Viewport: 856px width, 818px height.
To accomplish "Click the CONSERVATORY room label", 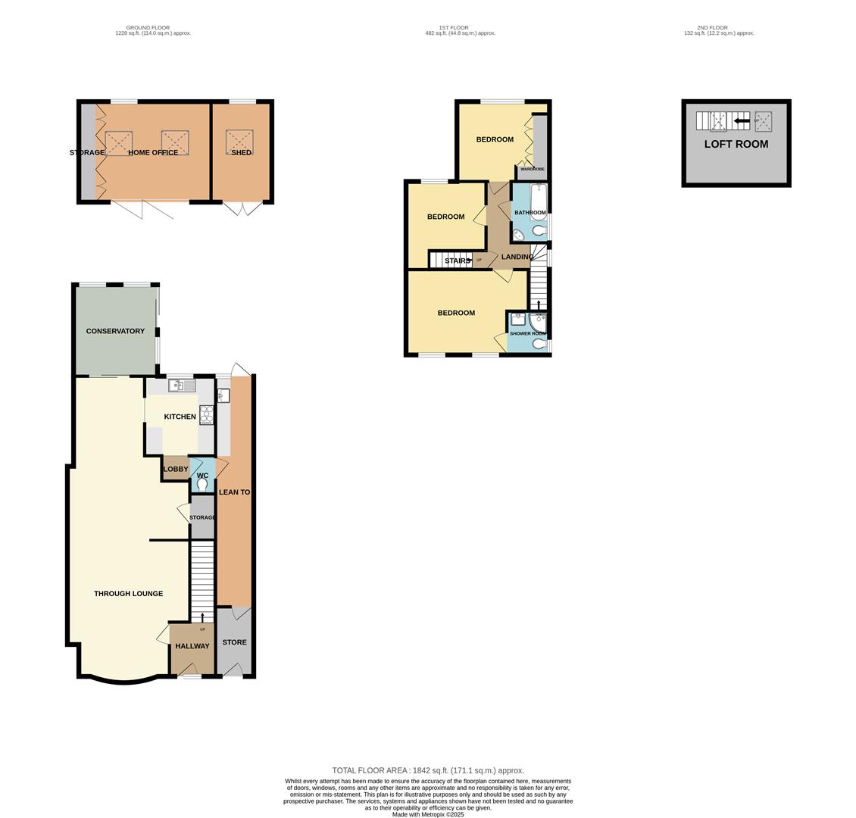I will pos(115,331).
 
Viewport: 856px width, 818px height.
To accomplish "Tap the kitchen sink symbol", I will pos(182,386).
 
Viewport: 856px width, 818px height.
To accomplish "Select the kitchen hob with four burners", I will pos(206,414).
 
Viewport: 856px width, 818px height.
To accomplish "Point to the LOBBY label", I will pos(176,469).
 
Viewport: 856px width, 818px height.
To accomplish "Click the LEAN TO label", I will pos(234,492).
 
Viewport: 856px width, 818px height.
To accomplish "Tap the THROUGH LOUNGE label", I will pos(128,594).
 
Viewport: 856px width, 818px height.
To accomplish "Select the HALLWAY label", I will pos(192,646).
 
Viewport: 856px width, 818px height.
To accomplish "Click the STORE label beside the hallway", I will pos(234,642).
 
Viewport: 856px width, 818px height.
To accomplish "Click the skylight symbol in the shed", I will pos(240,142).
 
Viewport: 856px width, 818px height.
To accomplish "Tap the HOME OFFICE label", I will pos(153,153).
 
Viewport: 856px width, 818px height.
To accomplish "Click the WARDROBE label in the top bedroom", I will pos(533,169).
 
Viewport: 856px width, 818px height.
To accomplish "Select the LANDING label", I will pos(517,257).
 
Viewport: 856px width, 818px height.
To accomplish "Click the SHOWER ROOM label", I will pos(527,333).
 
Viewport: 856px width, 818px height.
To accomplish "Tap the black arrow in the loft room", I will pos(742,120).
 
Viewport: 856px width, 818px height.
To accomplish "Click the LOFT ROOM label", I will pos(736,144).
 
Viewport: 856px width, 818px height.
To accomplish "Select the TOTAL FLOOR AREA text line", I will pos(427,770).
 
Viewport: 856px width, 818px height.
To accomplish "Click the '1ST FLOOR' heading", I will pos(460,27).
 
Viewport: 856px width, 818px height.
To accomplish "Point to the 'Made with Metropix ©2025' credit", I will pos(428,814).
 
